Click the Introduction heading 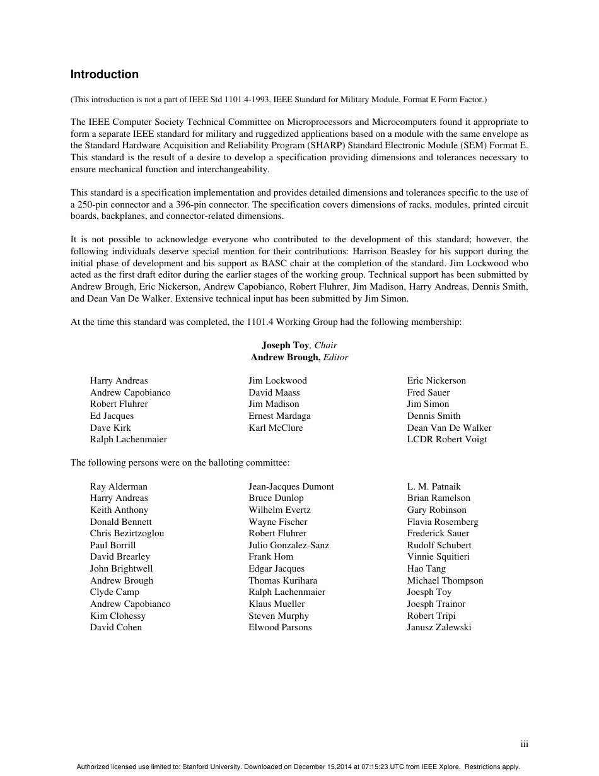(104, 74)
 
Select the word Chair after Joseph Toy (325, 345)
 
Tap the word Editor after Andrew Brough (335, 357)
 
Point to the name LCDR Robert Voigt (446, 439)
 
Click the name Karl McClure (276, 428)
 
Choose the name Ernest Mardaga (279, 416)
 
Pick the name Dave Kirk (110, 428)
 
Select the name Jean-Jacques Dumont (291, 486)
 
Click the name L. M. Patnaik (434, 486)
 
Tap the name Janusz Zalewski (439, 627)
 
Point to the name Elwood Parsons (280, 627)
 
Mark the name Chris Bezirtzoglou (127, 533)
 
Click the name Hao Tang (426, 568)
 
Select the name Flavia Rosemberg (443, 522)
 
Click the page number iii (524, 744)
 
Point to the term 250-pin (94, 204)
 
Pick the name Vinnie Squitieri (438, 556)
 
